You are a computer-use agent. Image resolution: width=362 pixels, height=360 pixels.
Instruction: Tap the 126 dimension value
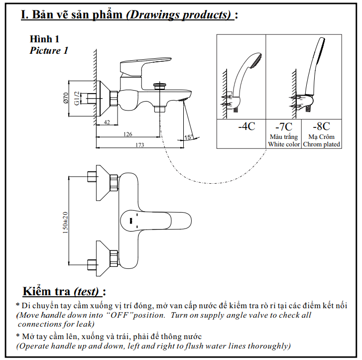pos(128,134)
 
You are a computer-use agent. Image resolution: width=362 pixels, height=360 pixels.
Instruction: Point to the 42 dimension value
pos(107,122)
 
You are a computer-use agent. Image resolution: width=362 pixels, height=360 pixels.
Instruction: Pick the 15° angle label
pos(188,136)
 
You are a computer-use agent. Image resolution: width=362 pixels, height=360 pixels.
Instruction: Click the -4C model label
pos(246,126)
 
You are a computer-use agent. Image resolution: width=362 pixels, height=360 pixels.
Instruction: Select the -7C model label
pos(283,126)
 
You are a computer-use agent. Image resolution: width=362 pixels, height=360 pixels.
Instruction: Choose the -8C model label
pos(321,126)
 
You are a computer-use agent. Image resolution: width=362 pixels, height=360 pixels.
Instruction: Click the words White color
pos(284,144)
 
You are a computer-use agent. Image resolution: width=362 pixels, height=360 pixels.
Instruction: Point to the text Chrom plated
pos(321,144)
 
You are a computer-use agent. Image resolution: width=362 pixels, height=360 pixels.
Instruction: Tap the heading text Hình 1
pos(45,39)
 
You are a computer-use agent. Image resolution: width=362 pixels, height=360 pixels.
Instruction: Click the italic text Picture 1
pos(49,50)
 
